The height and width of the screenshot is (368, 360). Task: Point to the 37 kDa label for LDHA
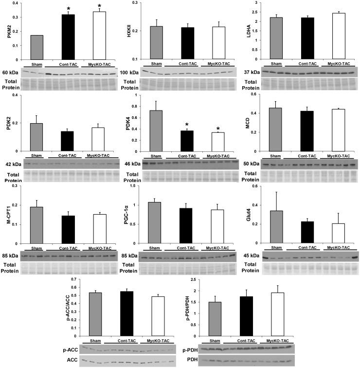252,73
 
